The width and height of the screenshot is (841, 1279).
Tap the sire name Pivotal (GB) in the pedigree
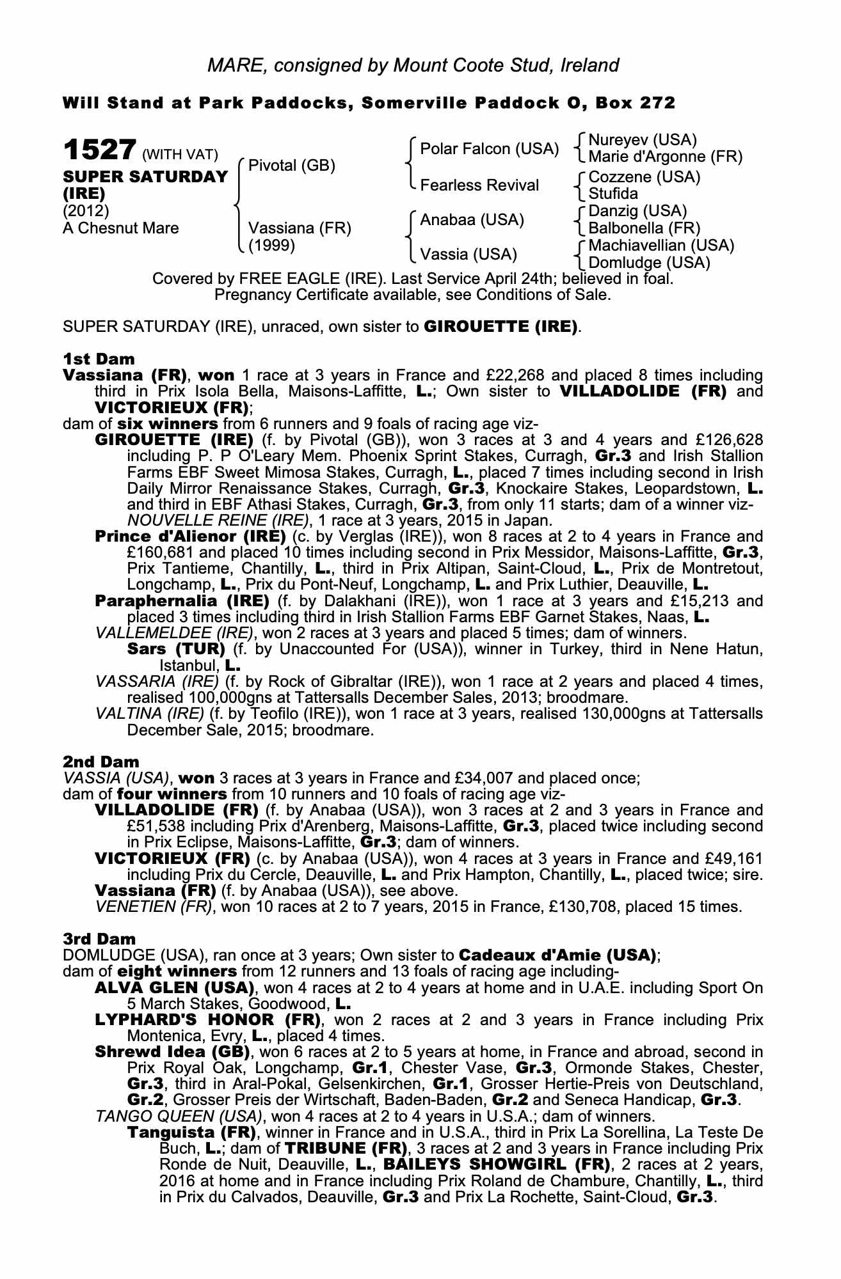click(291, 166)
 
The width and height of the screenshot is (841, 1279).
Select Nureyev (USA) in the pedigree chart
click(642, 140)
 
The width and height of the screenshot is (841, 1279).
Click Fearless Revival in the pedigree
click(479, 185)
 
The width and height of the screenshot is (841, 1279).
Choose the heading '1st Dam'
click(90, 359)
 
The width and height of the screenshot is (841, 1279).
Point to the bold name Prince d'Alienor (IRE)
click(190, 537)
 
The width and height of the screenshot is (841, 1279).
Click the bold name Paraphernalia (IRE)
click(182, 601)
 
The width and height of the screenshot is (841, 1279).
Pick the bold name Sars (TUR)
click(176, 649)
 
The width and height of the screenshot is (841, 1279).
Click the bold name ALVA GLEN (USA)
click(174, 988)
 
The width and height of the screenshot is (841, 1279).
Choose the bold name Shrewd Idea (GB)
click(172, 1052)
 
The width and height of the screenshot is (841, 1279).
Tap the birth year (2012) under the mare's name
click(86, 211)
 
